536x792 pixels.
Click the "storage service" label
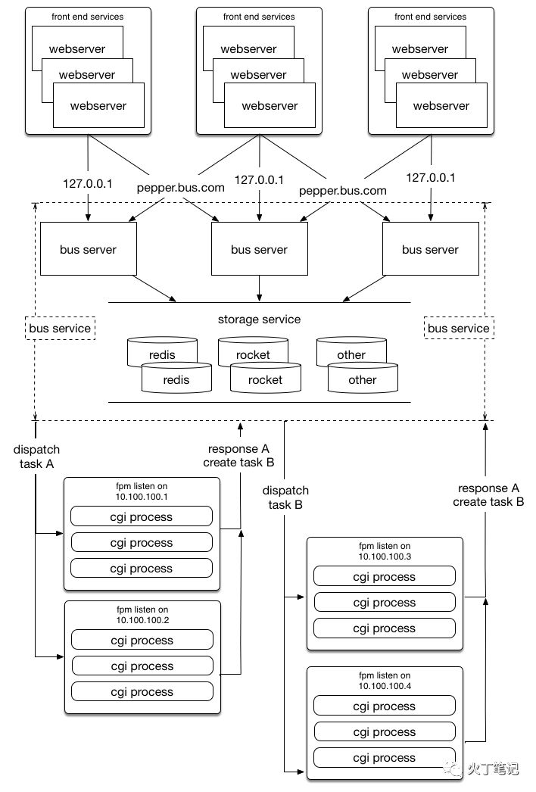(259, 320)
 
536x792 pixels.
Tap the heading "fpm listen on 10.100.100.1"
(142, 491)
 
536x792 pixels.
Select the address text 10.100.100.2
(142, 620)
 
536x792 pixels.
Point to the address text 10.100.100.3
(385, 557)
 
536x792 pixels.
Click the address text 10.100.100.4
(385, 686)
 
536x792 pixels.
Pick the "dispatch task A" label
(36, 457)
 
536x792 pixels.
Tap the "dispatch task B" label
(285, 497)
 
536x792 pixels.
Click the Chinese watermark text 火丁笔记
(493, 769)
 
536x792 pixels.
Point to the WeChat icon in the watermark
(453, 769)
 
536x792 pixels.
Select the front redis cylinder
(176, 379)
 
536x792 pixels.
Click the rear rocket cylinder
(253, 351)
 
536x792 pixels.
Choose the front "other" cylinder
(363, 379)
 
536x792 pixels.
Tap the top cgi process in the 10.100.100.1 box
(142, 516)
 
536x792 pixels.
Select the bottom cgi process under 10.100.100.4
(385, 758)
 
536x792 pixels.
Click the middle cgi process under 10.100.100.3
(385, 602)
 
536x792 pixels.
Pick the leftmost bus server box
(89, 249)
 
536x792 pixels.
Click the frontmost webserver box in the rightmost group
(441, 105)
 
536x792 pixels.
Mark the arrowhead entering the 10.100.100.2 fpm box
(61, 656)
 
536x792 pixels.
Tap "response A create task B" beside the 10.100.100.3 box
(488, 495)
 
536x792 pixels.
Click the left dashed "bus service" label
(60, 329)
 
